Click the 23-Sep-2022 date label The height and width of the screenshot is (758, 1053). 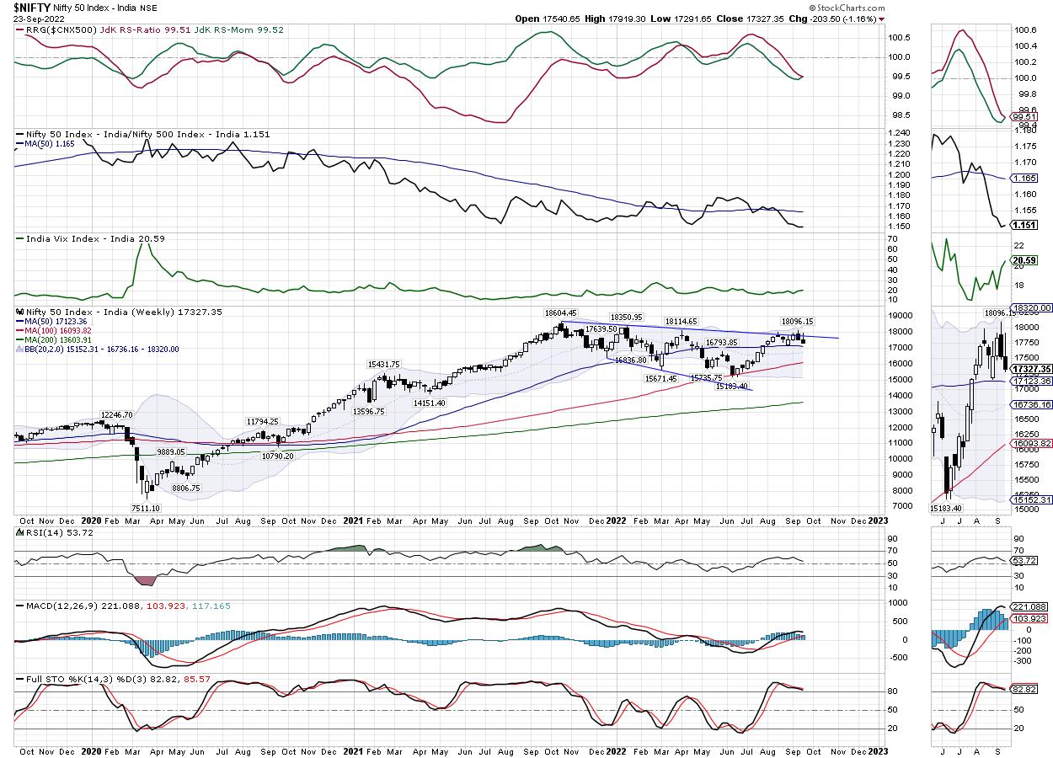click(x=35, y=19)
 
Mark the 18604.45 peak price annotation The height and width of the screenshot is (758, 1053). click(x=559, y=312)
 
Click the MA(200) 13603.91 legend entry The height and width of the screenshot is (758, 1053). click(x=59, y=339)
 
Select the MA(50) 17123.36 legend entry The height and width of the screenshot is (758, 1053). click(x=56, y=321)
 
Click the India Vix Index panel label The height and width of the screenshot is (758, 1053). click(x=92, y=239)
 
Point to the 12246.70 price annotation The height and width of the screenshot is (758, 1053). click(x=118, y=414)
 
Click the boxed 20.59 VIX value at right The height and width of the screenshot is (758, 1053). click(x=1025, y=260)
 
